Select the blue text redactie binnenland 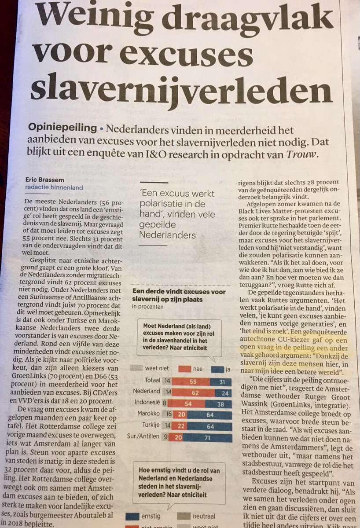(54, 187)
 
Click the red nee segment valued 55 (191, 381)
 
